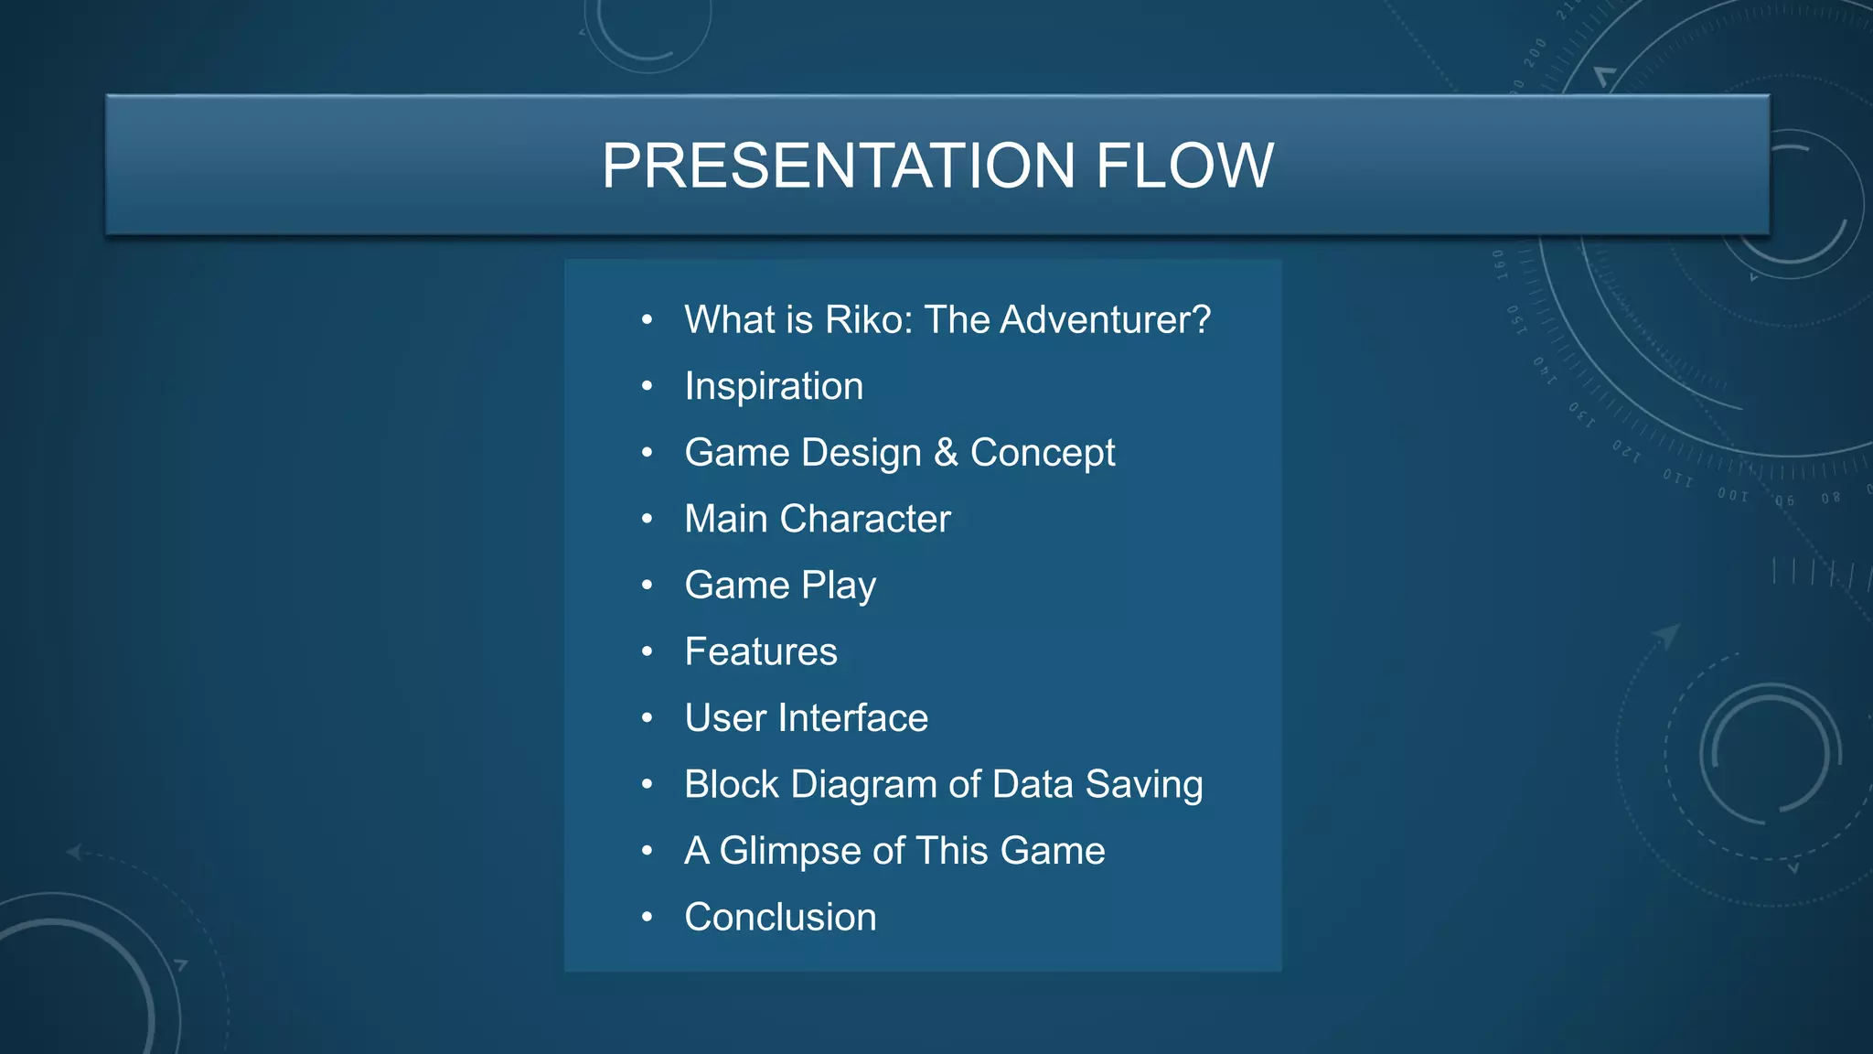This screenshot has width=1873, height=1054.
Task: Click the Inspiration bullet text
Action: pyautogui.click(x=774, y=386)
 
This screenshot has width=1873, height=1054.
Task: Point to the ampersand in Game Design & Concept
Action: pyautogui.click(x=946, y=453)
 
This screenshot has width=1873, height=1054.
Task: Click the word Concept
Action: pyautogui.click(x=1042, y=453)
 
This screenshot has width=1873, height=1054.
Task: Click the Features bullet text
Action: pyautogui.click(x=761, y=651)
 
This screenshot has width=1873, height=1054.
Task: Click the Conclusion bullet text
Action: pyautogui.click(x=780, y=917)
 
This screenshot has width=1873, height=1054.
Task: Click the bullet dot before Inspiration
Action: pyautogui.click(x=648, y=386)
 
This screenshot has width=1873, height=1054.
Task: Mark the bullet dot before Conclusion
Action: pyautogui.click(x=648, y=917)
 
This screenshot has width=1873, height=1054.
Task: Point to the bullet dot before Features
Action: pyautogui.click(x=648, y=651)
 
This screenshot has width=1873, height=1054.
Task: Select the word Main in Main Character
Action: pyautogui.click(x=726, y=519)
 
